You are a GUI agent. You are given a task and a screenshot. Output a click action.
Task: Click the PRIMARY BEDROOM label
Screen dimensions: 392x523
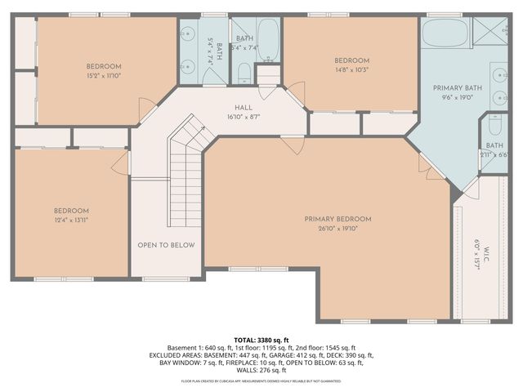click(x=337, y=219)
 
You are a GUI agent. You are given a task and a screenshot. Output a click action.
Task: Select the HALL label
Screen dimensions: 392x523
click(x=244, y=107)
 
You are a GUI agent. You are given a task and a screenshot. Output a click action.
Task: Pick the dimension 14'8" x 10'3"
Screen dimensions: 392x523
click(x=351, y=70)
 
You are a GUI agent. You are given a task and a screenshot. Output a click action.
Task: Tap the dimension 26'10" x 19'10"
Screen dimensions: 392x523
click(x=337, y=229)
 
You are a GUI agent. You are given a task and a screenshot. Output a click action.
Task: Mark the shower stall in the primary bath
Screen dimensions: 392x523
click(x=494, y=33)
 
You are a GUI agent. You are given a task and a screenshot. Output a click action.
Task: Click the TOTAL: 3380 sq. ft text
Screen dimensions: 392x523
click(x=261, y=339)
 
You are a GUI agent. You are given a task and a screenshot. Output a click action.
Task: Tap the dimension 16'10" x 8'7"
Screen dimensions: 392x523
click(x=244, y=117)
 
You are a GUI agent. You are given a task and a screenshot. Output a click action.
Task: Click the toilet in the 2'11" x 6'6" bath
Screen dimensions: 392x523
click(x=495, y=126)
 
